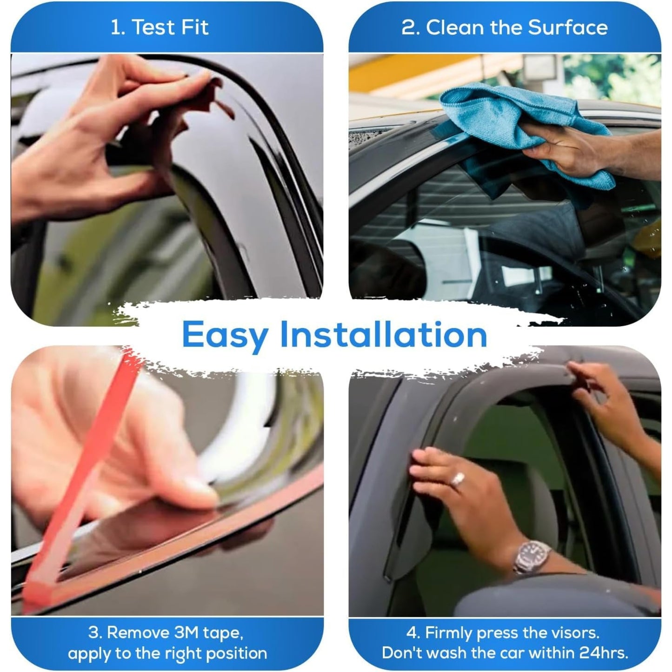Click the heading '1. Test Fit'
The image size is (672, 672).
[x=160, y=27]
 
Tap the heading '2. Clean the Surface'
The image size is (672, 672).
[x=505, y=27]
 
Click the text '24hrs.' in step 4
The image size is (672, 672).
[x=604, y=653]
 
